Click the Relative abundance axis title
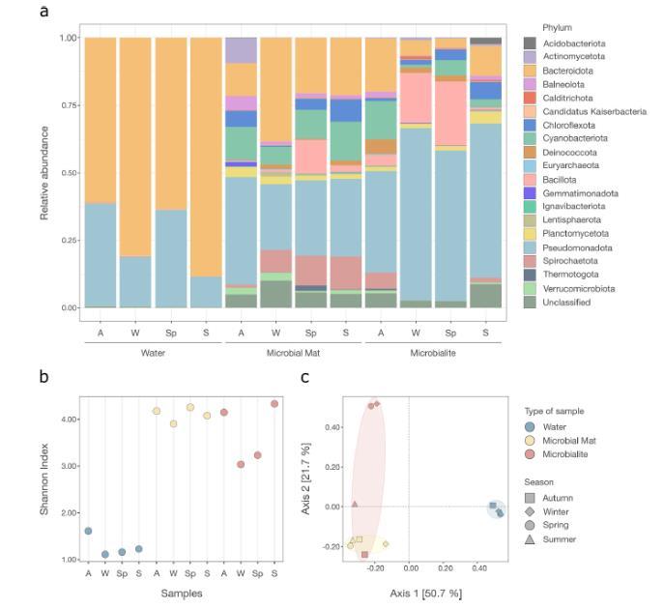pos(44,171)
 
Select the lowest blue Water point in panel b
pos(105,554)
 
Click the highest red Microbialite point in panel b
pos(274,403)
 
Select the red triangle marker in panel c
pos(355,504)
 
